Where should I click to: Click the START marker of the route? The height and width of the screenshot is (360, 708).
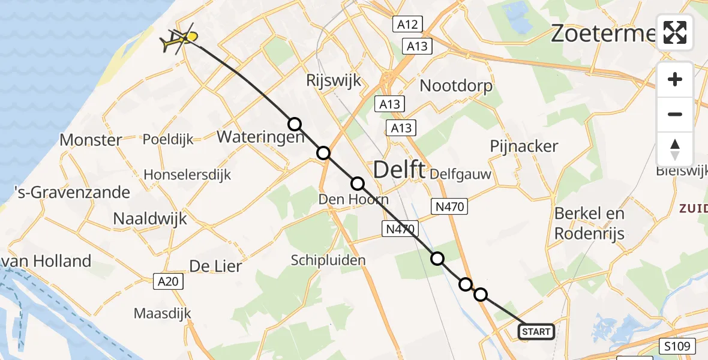tap(536, 332)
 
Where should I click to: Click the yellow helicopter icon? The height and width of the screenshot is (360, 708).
tap(179, 40)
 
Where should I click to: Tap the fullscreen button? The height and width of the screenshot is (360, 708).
tap(675, 32)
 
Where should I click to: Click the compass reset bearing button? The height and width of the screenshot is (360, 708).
tap(675, 149)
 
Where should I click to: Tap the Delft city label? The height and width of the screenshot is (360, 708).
tap(399, 170)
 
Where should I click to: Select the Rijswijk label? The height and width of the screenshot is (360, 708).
tap(334, 80)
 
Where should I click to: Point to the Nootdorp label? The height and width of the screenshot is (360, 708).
tap(456, 86)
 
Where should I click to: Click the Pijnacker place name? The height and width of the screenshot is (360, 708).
tap(524, 146)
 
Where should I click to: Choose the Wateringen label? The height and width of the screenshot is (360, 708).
tap(260, 137)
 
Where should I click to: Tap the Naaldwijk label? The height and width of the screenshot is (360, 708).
tap(150, 219)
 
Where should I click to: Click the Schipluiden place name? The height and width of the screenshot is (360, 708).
tap(328, 260)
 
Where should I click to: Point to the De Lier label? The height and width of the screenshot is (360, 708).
tap(215, 266)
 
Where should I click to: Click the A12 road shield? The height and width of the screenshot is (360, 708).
tap(408, 24)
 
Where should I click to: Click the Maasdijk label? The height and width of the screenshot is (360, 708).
tap(162, 313)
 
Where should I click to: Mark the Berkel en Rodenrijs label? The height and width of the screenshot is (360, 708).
tap(589, 223)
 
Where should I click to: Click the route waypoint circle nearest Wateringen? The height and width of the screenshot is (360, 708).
tap(295, 124)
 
